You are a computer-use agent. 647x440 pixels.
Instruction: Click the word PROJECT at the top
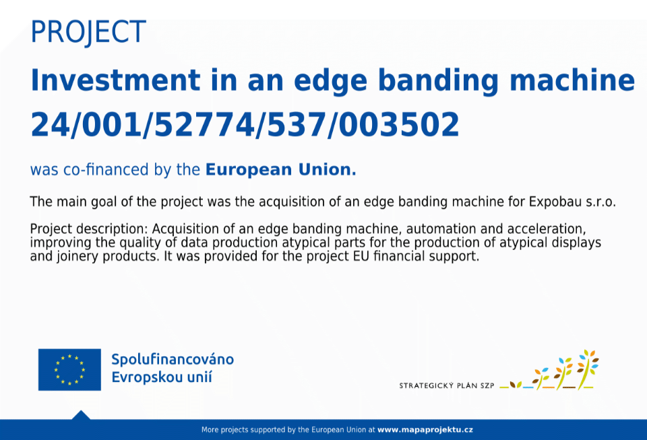88,32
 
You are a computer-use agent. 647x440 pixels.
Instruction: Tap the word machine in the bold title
572,80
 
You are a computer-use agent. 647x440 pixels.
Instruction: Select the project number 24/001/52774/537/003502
245,124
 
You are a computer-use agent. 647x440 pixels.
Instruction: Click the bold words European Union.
280,169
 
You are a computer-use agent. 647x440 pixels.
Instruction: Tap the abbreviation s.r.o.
600,202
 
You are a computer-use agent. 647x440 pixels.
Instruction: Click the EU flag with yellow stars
69,369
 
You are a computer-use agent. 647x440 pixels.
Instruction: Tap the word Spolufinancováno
173,360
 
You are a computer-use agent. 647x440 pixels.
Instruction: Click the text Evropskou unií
162,377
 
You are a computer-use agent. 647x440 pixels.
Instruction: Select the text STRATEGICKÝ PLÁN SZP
446,385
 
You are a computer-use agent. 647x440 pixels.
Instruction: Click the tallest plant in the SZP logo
587,369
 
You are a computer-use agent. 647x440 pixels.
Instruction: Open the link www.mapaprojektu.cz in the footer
425,430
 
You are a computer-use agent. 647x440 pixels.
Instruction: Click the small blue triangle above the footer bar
81,416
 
